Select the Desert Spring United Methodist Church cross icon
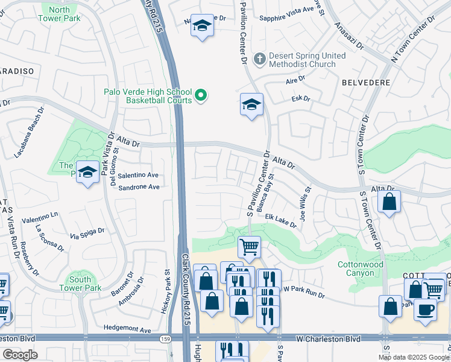click(x=259, y=59)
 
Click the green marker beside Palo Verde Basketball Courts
click(x=201, y=95)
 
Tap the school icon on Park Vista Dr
click(x=88, y=173)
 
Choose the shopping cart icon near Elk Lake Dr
click(x=248, y=246)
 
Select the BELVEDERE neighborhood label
click(x=366, y=82)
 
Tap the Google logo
click(x=20, y=355)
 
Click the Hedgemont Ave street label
click(x=129, y=330)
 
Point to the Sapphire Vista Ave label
click(x=287, y=18)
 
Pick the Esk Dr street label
click(x=300, y=98)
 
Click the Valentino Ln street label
click(x=40, y=215)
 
